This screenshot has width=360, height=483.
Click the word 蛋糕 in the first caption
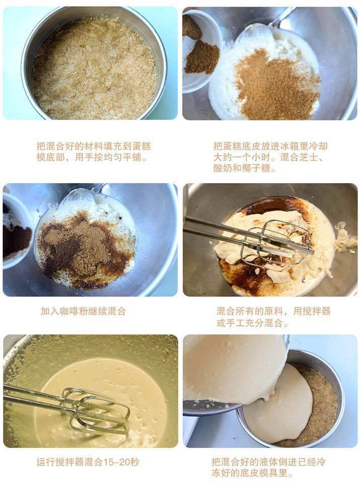click(141, 146)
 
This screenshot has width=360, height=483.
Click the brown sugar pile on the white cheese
click(277, 86)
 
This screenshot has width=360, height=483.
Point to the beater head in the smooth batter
click(95, 409)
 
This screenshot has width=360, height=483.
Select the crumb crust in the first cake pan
click(94, 68)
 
